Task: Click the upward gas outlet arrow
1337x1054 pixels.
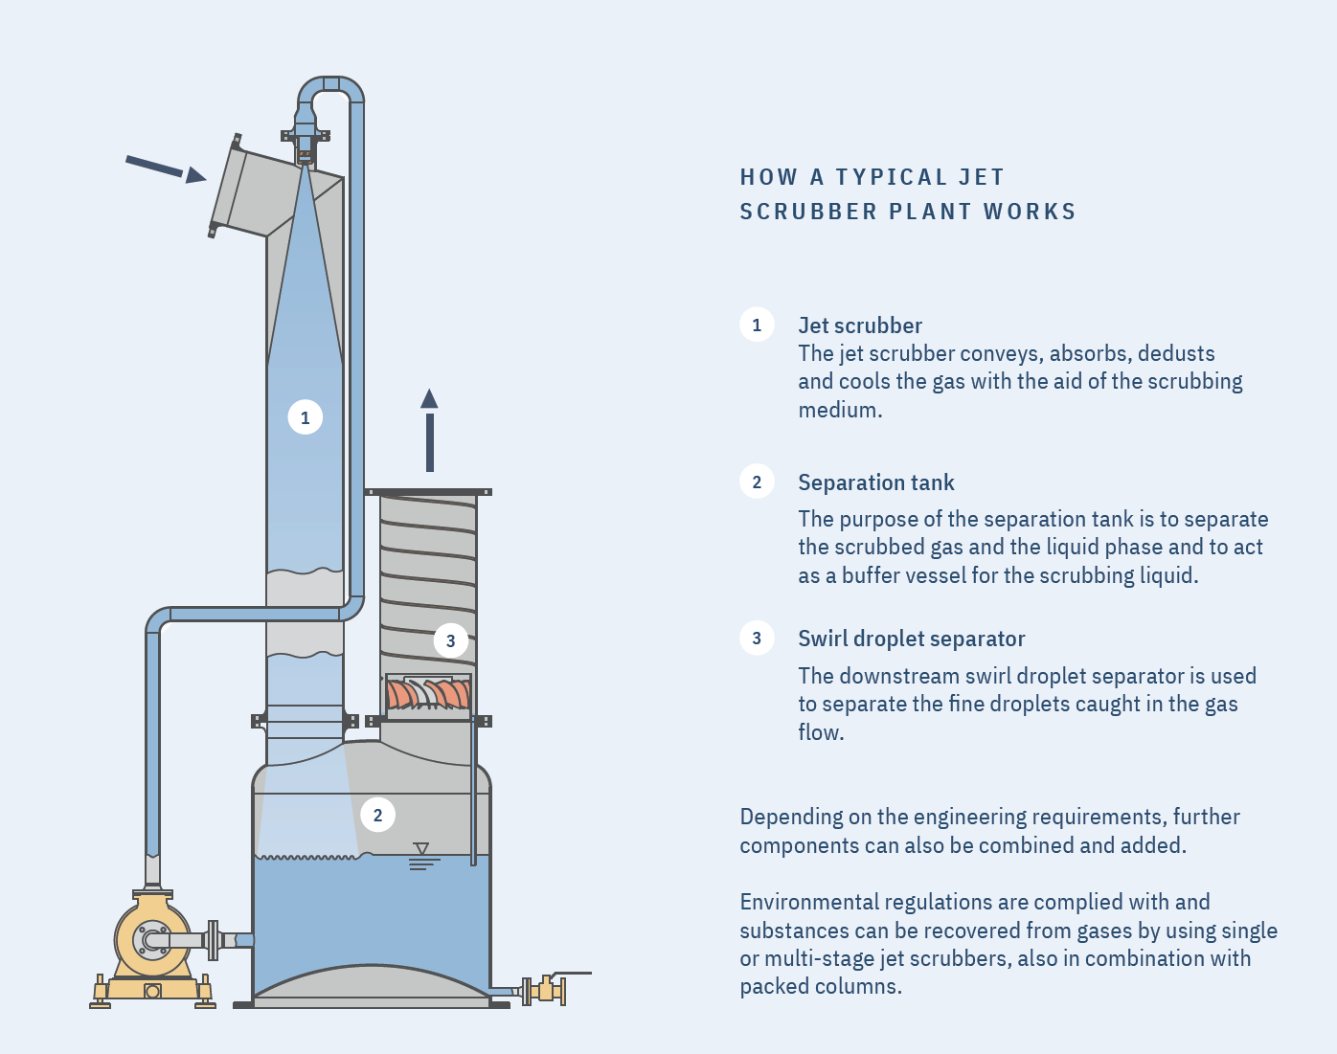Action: (x=429, y=430)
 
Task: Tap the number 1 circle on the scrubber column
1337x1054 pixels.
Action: (x=305, y=417)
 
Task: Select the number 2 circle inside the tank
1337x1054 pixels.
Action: (x=377, y=815)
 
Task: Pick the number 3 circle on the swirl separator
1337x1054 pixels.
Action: (x=450, y=641)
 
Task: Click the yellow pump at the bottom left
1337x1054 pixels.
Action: (x=153, y=943)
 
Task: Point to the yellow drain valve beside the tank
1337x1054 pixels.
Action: (x=547, y=989)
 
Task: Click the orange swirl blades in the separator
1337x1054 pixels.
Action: (x=428, y=694)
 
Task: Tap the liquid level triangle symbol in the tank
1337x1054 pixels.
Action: (x=421, y=849)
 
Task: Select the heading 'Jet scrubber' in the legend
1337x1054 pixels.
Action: (x=860, y=325)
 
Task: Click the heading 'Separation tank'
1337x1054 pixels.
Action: (x=876, y=482)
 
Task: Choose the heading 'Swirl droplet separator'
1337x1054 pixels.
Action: (x=912, y=639)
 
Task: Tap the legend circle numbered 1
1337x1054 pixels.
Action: (x=757, y=325)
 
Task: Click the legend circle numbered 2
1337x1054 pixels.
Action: (x=757, y=482)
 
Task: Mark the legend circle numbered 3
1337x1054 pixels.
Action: (x=757, y=638)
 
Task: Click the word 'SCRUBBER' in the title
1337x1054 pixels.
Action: (x=807, y=212)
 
